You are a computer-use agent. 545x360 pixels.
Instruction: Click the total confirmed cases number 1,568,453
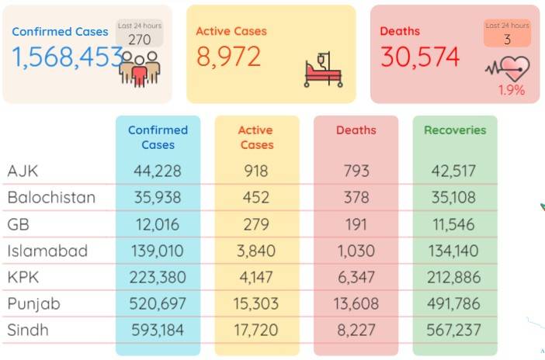pos(68,57)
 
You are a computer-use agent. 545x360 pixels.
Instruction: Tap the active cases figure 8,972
pos(228,57)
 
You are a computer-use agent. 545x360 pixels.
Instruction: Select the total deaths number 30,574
pos(420,57)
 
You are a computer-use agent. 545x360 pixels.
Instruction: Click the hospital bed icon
pos(323,70)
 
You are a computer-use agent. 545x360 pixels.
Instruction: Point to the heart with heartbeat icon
pos(509,68)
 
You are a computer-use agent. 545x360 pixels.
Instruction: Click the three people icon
pos(140,69)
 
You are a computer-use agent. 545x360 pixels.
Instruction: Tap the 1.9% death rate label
pos(512,90)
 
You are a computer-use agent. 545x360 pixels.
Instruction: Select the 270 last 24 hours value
pos(140,40)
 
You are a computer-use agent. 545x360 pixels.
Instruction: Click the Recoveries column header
pos(455,130)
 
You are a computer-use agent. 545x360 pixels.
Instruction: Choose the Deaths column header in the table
pos(356,130)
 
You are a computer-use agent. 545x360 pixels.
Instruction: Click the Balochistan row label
pos(51,197)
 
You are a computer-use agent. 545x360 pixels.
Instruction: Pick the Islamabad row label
pos(47,251)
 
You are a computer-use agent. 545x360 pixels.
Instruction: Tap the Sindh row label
pos(28,330)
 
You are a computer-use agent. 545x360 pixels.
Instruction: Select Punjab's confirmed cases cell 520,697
pos(158,303)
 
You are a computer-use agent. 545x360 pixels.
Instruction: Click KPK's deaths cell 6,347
pos(356,277)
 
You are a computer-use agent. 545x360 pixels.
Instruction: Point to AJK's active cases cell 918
pos(256,171)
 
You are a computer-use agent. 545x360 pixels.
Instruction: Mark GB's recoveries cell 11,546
pos(453,224)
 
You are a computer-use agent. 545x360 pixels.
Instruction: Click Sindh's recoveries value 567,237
pos(453,330)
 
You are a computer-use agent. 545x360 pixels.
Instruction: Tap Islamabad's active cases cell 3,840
pos(256,251)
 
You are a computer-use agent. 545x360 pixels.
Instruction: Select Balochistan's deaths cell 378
pos(356,197)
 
